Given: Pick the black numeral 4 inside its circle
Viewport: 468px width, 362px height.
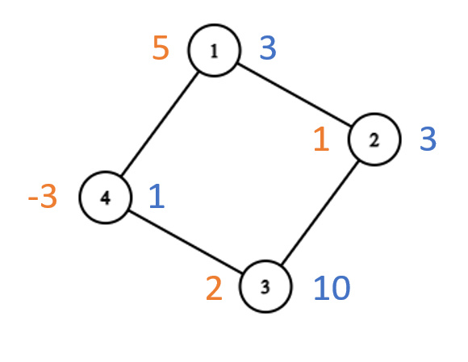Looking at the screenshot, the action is (106, 198).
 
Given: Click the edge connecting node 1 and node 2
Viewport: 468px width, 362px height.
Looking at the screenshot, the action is (295, 94).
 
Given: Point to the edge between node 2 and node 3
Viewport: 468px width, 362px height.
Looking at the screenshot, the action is (320, 213).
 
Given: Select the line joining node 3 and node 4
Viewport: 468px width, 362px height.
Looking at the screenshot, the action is (186, 242).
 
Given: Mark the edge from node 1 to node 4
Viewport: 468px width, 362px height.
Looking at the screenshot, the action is (160, 123).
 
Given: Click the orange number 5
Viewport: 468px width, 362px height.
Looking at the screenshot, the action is (161, 48).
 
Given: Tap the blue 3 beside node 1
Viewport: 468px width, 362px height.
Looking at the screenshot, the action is (268, 48).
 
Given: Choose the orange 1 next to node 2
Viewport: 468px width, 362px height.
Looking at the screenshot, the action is (321, 139).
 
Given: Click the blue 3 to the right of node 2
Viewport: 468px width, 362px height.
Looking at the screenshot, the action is (428, 139).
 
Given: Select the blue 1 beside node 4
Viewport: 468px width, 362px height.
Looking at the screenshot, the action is (157, 196).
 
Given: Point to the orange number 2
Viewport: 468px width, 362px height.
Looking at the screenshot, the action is (214, 288).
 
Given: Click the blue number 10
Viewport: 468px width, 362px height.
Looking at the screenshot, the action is (332, 288).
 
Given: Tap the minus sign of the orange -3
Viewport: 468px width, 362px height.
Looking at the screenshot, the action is (32, 199).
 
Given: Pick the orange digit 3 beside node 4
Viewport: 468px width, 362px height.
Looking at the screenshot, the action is (48, 196).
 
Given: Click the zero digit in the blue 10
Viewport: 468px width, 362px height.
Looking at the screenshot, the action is (341, 288).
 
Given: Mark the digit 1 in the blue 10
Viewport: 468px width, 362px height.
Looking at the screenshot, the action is (321, 288).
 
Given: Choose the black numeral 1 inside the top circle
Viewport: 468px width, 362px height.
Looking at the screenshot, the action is (214, 51).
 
